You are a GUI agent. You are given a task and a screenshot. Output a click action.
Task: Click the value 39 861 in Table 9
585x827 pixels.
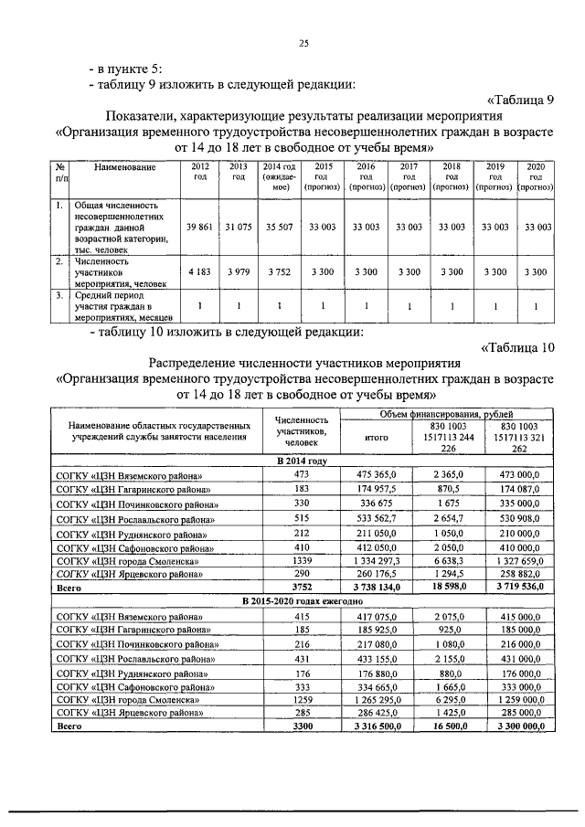200,226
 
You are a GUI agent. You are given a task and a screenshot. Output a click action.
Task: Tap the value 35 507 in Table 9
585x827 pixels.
281,226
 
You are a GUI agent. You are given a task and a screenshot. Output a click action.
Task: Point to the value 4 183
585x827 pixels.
200,271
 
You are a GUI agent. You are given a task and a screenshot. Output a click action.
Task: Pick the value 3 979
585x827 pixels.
239,271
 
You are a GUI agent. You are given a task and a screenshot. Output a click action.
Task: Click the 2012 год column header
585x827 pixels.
200,172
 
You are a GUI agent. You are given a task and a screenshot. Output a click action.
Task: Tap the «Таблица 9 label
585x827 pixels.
520,99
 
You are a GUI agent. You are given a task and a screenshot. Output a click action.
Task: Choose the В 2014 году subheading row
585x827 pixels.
302,460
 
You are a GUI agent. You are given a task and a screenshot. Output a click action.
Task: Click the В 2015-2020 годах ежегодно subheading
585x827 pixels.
302,601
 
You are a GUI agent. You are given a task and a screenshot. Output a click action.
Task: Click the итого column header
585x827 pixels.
378,438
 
